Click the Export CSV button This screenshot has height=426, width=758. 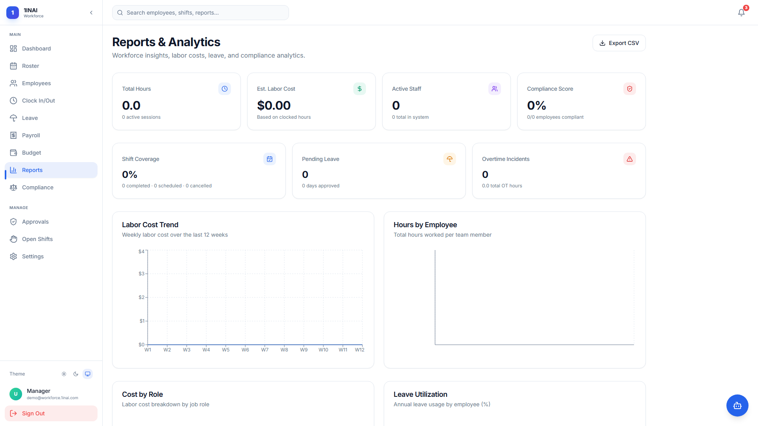[x=619, y=43]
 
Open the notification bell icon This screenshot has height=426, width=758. [x=741, y=13]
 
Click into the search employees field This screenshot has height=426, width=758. [x=201, y=13]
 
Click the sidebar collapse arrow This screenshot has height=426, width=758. [x=91, y=13]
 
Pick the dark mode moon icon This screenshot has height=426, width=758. [x=76, y=374]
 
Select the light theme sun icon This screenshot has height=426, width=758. [x=64, y=374]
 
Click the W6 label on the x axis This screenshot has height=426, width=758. [x=245, y=350]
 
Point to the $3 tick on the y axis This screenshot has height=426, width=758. [x=141, y=274]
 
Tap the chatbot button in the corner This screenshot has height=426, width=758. [x=737, y=405]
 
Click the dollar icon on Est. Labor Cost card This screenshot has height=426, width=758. [x=360, y=89]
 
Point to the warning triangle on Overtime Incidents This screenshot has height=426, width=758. [x=630, y=159]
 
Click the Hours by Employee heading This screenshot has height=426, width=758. [x=425, y=225]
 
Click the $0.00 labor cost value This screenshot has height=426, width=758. [x=274, y=105]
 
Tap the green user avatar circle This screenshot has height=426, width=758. [x=16, y=394]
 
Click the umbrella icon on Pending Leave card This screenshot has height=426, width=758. [x=450, y=159]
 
